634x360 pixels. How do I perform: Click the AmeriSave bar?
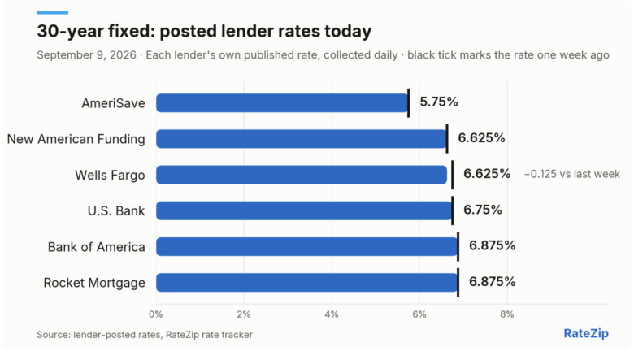[282, 103]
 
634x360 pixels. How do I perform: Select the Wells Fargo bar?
[302, 175]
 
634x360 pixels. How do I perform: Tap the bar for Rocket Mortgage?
[307, 283]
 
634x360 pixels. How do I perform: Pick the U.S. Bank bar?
[304, 210]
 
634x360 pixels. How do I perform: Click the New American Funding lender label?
[76, 139]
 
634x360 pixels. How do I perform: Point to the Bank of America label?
[96, 247]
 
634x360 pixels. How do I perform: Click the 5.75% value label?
[439, 102]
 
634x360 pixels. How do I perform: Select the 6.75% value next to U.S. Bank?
[482, 210]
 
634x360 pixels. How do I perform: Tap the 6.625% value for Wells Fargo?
[487, 174]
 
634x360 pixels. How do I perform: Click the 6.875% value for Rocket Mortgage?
[492, 282]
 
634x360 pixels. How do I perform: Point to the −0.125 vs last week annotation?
[571, 174]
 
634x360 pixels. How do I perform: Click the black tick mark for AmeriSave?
[409, 103]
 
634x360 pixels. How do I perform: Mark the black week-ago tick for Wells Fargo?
[453, 175]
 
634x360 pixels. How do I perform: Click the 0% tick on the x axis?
[156, 314]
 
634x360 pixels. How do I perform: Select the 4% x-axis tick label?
[332, 314]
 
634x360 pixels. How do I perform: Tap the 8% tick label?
[507, 314]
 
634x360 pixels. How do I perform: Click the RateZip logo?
[586, 333]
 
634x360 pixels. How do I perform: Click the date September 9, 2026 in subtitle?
[86, 55]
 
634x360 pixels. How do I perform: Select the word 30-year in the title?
[70, 32]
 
